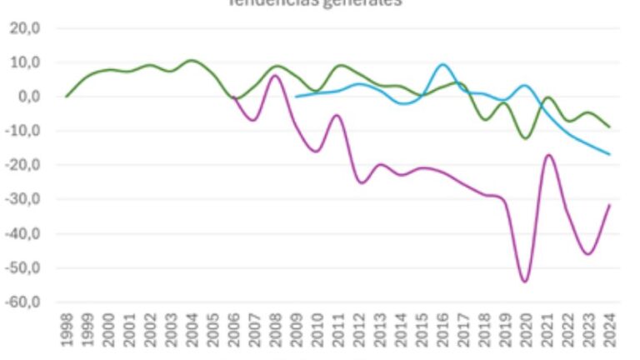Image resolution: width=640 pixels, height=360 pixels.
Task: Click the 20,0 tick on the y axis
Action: pos(32,28)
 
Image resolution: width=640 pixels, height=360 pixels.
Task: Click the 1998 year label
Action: pos(67,330)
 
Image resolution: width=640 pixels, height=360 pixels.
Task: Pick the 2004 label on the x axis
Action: pos(192,330)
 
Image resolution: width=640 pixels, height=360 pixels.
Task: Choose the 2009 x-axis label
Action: pos(296,330)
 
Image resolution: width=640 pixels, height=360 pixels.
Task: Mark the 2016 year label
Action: pos(442,330)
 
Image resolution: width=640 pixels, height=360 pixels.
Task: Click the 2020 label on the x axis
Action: pos(526,330)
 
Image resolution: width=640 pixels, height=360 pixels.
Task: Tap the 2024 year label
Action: pos(609,330)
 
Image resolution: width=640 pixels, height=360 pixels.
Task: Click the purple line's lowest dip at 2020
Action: pos(525,282)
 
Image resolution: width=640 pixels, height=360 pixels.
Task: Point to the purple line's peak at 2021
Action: pos(547,155)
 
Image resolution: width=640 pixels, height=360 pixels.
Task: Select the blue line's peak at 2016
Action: pos(442,64)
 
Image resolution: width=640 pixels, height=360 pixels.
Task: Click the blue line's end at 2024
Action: pos(610,154)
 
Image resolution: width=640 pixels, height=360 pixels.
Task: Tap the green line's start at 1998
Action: pos(67,97)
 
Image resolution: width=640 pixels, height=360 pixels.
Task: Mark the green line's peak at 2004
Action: pos(192,60)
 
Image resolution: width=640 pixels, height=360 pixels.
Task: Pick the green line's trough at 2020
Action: pos(525,137)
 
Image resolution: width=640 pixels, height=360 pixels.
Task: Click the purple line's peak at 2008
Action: pos(274,76)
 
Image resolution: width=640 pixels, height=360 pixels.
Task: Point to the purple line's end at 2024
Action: pos(610,205)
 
